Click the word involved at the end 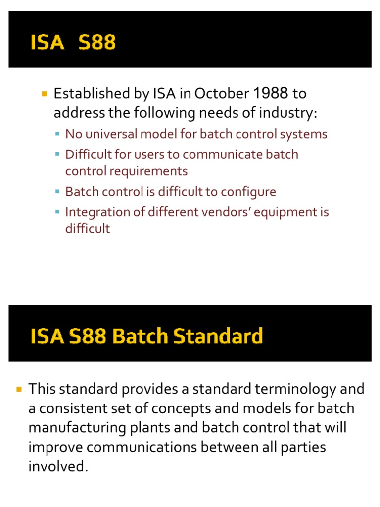(58, 466)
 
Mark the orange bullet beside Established (44, 93)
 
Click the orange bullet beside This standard (19, 389)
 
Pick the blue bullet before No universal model (57, 134)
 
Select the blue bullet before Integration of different (57, 212)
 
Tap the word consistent (70, 408)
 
